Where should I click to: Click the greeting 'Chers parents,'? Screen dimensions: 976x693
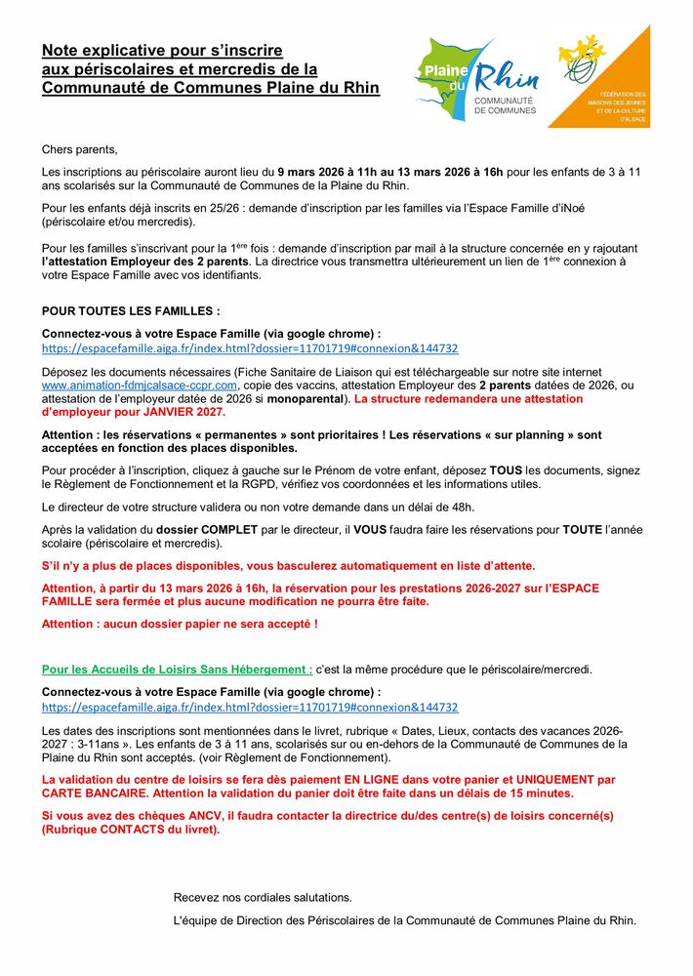pyautogui.click(x=79, y=149)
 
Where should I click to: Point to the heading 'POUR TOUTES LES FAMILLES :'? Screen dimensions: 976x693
pyautogui.click(x=131, y=311)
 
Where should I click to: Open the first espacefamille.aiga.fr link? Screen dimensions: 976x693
pyautogui.click(x=250, y=348)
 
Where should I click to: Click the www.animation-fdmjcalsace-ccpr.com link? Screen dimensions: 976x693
pyautogui.click(x=140, y=386)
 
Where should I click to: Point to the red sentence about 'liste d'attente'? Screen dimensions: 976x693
pyautogui.click(x=288, y=565)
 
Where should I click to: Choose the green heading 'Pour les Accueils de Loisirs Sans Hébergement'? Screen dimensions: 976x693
pyautogui.click(x=177, y=669)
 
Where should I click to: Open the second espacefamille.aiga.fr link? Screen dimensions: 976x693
pyautogui.click(x=250, y=707)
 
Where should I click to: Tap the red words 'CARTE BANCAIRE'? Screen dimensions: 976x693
pyautogui.click(x=85, y=793)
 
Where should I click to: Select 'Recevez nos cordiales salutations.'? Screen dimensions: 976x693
pyautogui.click(x=263, y=897)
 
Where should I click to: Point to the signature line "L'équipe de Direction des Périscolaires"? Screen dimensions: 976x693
pyautogui.click(x=404, y=920)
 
